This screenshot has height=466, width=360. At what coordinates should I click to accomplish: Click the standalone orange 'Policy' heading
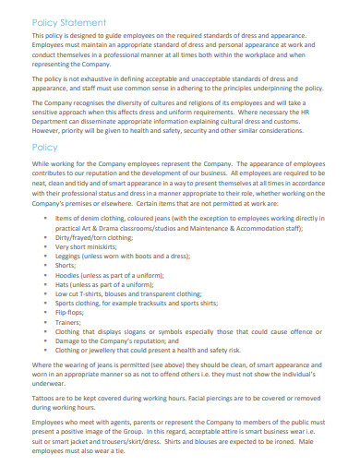[x=45, y=147]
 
